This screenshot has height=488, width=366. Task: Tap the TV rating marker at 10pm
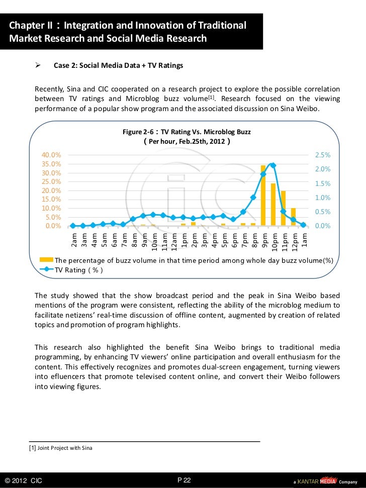click(273, 165)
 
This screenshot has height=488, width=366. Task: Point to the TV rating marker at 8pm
click(253, 198)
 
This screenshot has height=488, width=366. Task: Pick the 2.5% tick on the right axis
click(322, 155)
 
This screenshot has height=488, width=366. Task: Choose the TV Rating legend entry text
click(79, 270)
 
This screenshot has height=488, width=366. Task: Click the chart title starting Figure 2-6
click(187, 132)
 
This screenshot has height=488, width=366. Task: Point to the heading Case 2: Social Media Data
click(118, 66)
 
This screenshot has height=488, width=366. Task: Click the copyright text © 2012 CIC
click(23, 480)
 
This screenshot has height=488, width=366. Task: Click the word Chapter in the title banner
click(26, 25)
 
